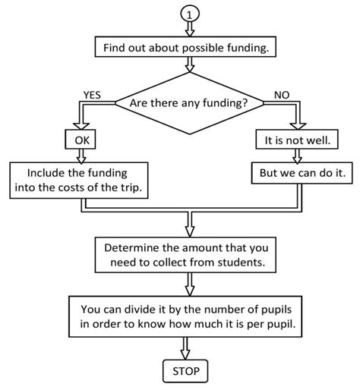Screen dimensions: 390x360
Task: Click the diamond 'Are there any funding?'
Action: coord(188,101)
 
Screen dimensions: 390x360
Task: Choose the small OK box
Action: coord(81,141)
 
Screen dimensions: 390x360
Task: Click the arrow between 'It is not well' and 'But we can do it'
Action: coord(295,157)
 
